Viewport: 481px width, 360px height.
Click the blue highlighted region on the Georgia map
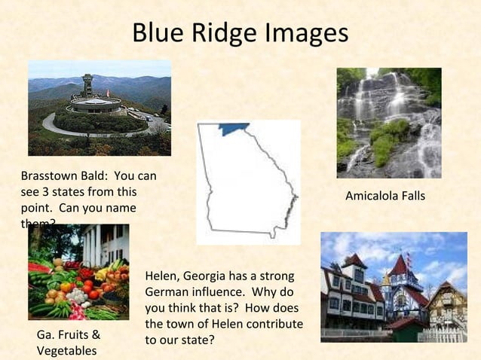coord(234,128)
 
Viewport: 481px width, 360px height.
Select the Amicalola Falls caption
coord(384,196)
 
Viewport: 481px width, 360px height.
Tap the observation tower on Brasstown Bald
coord(87,85)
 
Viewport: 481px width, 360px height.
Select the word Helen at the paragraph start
coord(161,276)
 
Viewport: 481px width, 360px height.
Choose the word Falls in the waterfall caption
coord(412,196)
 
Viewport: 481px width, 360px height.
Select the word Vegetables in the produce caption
coord(66,351)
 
